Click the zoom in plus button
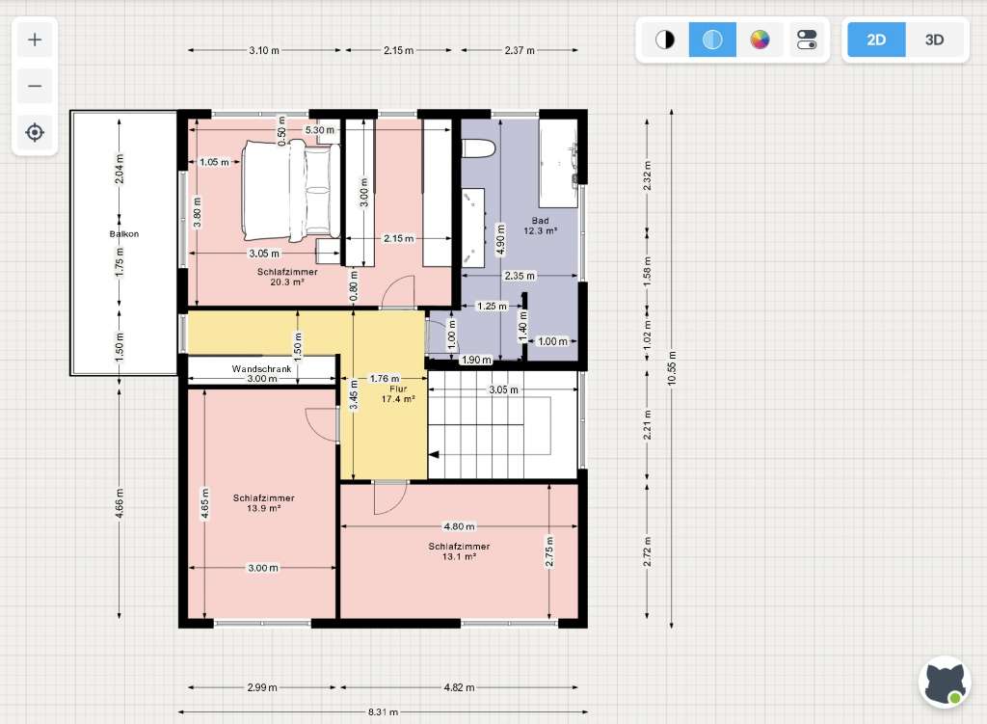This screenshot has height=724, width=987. point(35,40)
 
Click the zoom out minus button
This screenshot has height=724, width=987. point(35,86)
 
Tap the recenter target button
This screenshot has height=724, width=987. point(35,132)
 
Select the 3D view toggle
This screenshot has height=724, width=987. point(934,40)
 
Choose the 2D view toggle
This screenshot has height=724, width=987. point(876,40)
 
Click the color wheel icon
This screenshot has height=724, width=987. point(760,40)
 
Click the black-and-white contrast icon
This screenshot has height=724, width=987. point(665,40)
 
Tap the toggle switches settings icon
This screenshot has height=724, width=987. point(807,40)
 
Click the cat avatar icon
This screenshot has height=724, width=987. point(945,683)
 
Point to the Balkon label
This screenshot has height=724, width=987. point(124,233)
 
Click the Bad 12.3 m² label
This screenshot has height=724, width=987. point(540,226)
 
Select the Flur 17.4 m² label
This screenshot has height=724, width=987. point(398,393)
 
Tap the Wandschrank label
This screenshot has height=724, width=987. point(261,369)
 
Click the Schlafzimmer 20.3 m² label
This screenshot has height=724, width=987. point(287,277)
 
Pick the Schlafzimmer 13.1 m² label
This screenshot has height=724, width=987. point(459,550)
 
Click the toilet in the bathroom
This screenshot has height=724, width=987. point(479,149)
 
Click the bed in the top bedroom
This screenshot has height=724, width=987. point(291,191)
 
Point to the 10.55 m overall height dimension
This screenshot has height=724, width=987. point(672,369)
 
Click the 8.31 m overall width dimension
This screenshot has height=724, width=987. point(383,712)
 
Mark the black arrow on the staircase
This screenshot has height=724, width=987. point(435,454)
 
